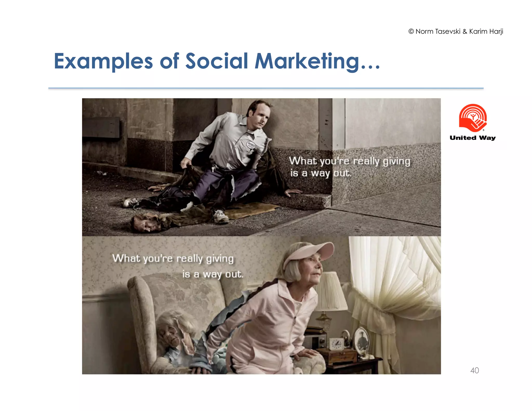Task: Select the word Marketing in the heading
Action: coord(307,61)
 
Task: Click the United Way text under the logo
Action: coord(473,138)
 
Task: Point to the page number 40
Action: coord(475,370)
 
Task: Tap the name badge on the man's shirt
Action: coord(251,145)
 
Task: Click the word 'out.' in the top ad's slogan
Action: coord(342,173)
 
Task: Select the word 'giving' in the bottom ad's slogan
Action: coord(220,259)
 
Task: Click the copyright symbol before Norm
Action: coord(411,31)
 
